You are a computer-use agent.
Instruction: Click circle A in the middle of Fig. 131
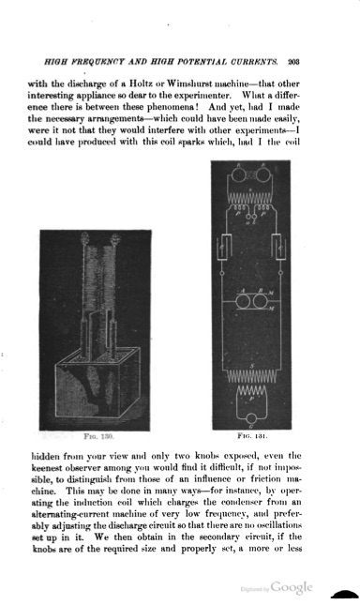pos(247,304)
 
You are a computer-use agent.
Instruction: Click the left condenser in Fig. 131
pos(226,249)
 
